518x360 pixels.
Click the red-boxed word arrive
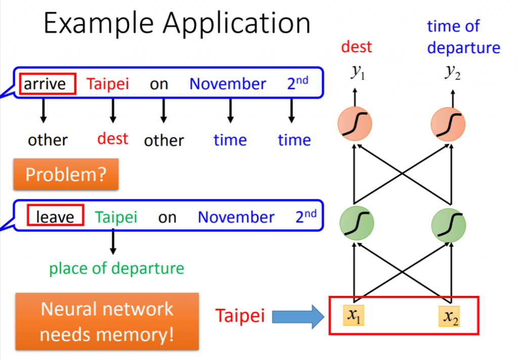tap(48, 83)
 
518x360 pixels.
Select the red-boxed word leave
tap(55, 217)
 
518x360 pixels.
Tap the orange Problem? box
tap(66, 174)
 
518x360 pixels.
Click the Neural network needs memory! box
tap(107, 322)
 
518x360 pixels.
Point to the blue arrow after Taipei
tap(297, 317)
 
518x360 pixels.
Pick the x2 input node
tap(449, 317)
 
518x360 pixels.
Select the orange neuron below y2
tap(448, 124)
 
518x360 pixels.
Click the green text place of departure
tap(116, 268)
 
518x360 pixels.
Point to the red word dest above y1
tap(356, 47)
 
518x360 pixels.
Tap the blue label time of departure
tap(463, 37)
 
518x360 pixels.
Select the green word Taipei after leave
tap(116, 217)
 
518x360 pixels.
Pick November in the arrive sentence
tap(228, 84)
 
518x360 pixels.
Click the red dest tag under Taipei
tap(113, 139)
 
